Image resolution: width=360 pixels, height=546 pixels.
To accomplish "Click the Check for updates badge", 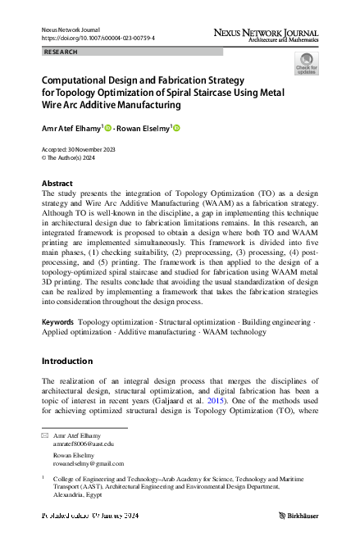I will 308,63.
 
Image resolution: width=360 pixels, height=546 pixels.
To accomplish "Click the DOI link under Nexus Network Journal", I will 98,38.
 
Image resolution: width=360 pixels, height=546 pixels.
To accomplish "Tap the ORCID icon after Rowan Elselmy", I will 176,128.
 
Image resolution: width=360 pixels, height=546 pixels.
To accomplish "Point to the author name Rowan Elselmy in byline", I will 144,129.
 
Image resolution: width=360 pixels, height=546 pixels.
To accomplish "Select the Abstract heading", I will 57,182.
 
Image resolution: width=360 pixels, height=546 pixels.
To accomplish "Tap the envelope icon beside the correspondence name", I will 45,435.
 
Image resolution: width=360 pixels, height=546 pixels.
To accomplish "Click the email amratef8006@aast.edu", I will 83,444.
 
